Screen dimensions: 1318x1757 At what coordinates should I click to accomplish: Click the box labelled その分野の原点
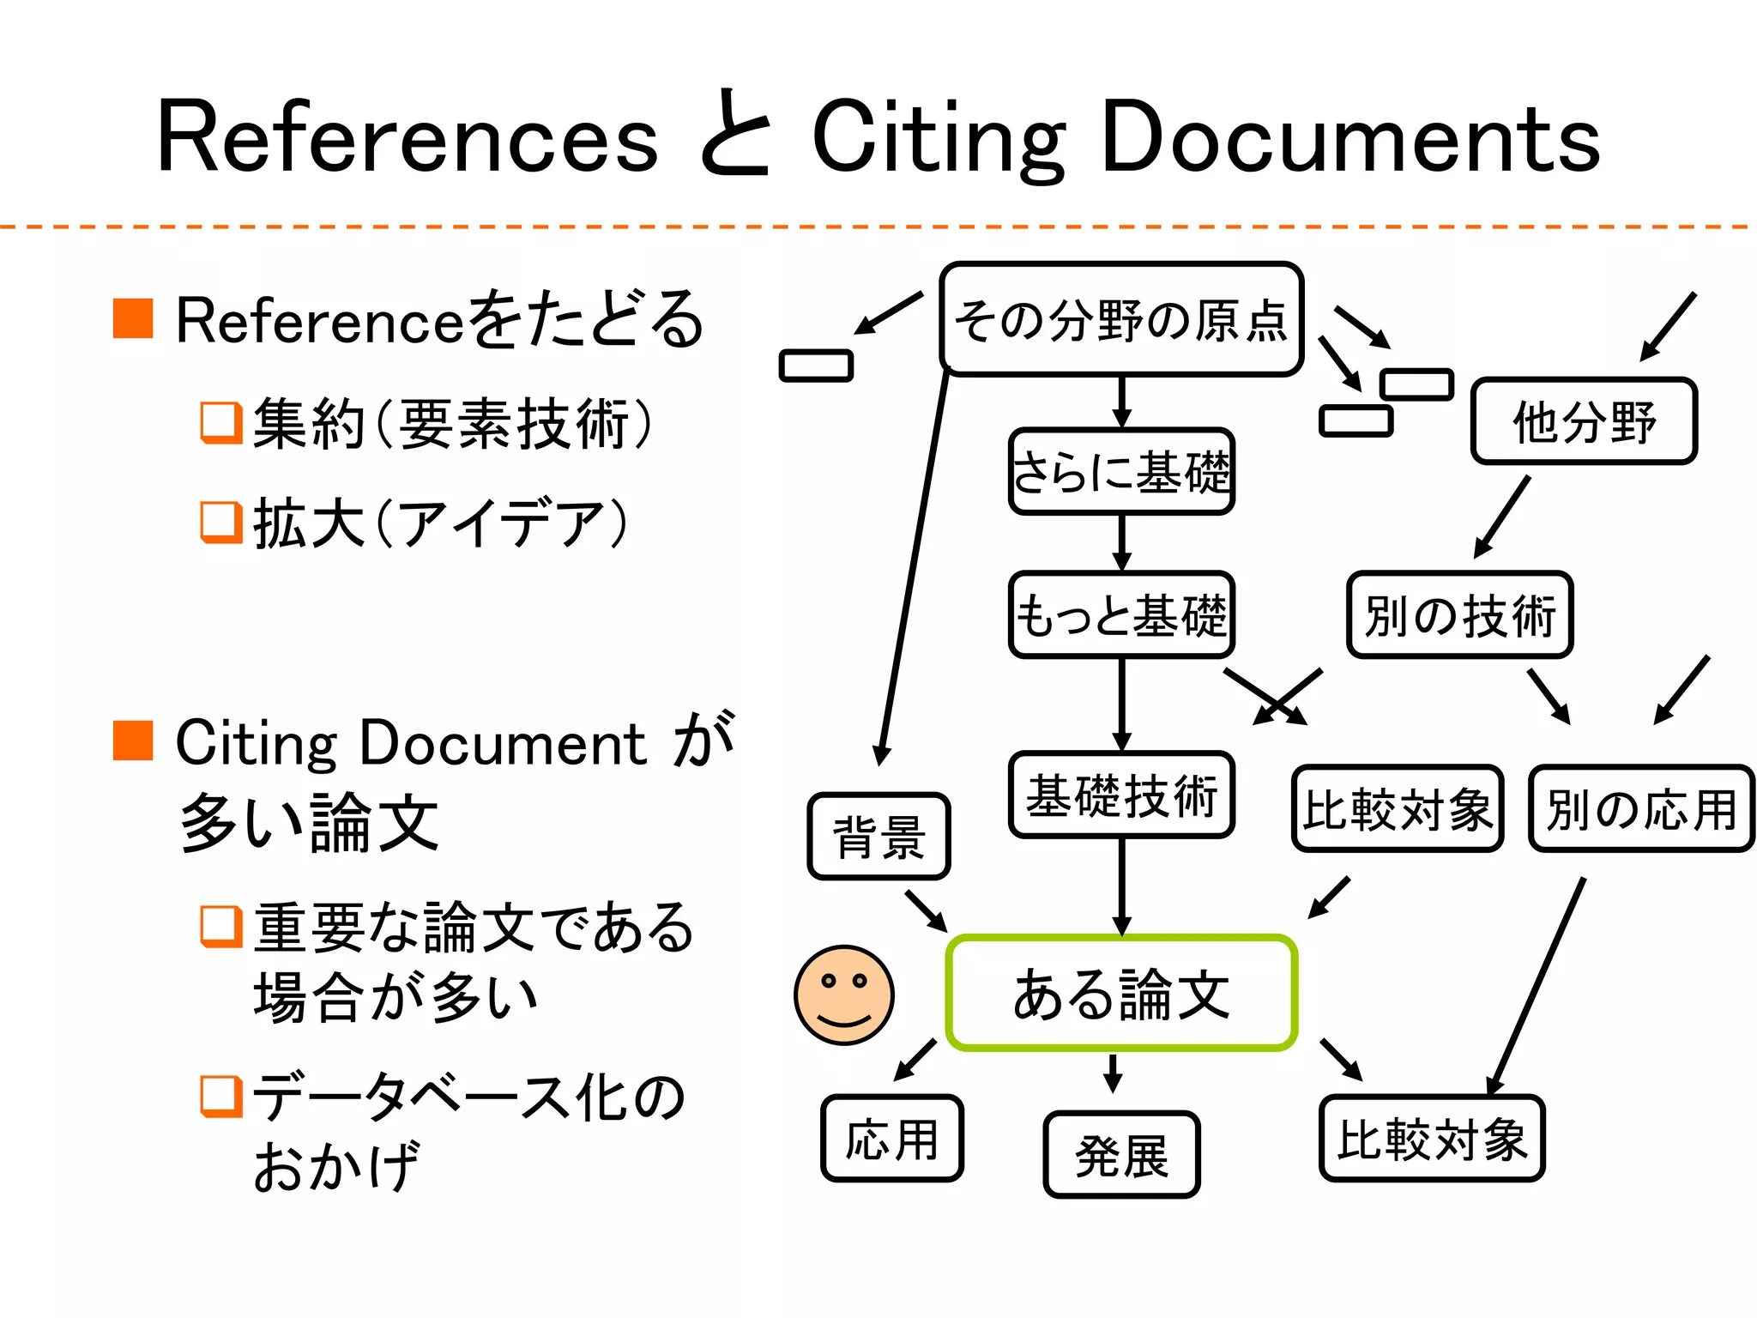(x=1121, y=319)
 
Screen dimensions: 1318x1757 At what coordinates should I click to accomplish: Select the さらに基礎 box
(x=1121, y=472)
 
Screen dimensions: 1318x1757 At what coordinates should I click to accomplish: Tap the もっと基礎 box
(x=1121, y=615)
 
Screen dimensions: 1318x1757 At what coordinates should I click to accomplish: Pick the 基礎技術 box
(x=1121, y=795)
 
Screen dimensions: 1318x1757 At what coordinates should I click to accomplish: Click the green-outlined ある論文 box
(x=1121, y=993)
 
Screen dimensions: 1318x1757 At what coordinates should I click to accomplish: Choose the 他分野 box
(x=1584, y=421)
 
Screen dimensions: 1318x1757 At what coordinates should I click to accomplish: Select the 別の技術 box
(x=1459, y=615)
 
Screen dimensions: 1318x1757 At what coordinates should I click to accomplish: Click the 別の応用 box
(x=1641, y=808)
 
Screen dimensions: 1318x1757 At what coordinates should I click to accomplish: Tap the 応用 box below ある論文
(x=892, y=1139)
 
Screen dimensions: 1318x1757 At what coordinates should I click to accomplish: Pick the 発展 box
(x=1121, y=1155)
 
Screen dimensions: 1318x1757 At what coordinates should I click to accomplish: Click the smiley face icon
(x=844, y=995)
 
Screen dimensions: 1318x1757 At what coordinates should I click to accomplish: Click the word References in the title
(x=408, y=137)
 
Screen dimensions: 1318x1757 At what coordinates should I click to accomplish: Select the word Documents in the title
(x=1350, y=137)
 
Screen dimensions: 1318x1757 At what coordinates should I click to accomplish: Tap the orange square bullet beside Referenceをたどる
(x=133, y=319)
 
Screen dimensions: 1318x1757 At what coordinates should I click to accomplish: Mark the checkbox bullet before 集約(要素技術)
(x=220, y=422)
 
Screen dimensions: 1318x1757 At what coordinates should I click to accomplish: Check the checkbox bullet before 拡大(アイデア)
(x=220, y=522)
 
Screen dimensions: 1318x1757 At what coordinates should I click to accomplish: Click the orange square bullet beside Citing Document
(x=133, y=741)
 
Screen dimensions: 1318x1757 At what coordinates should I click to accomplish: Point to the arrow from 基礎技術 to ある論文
(x=1121, y=887)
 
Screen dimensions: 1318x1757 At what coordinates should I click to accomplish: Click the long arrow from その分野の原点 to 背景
(x=914, y=566)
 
